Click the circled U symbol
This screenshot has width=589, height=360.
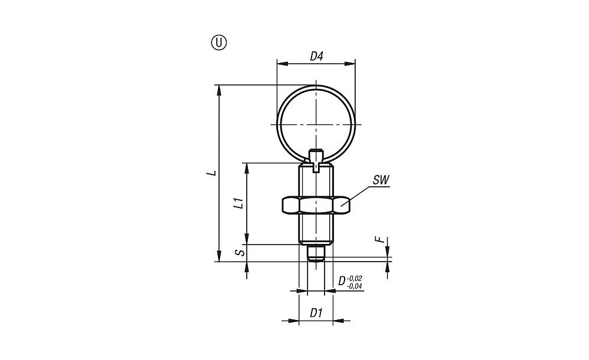point(219,43)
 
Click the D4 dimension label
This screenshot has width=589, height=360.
point(316,57)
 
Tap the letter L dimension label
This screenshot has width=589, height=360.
point(213,173)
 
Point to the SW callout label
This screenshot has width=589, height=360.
point(381,180)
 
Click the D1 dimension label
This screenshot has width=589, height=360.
point(316,313)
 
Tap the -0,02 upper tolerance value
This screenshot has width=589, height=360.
point(355,279)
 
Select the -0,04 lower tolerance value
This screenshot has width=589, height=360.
point(355,286)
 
